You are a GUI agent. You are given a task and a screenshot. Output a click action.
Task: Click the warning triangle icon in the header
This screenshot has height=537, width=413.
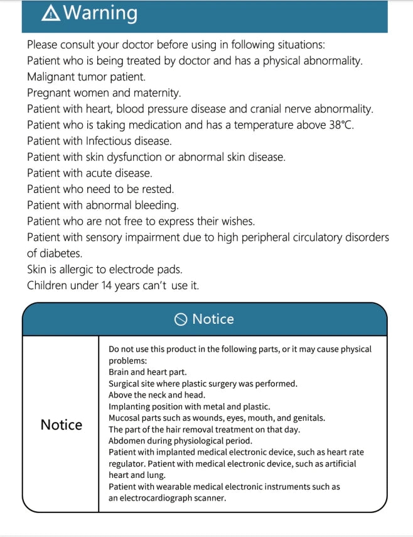point(51,13)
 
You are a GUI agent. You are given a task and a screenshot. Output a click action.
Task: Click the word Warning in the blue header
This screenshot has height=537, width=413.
point(100,13)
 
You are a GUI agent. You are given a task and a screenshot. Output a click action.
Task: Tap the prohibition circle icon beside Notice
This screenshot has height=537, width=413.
point(181,319)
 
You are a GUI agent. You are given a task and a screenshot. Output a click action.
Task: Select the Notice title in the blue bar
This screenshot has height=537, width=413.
point(213,319)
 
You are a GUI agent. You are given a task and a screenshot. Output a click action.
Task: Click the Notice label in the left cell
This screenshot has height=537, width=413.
point(61,425)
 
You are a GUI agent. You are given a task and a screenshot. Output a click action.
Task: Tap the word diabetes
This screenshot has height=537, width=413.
point(63,253)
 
